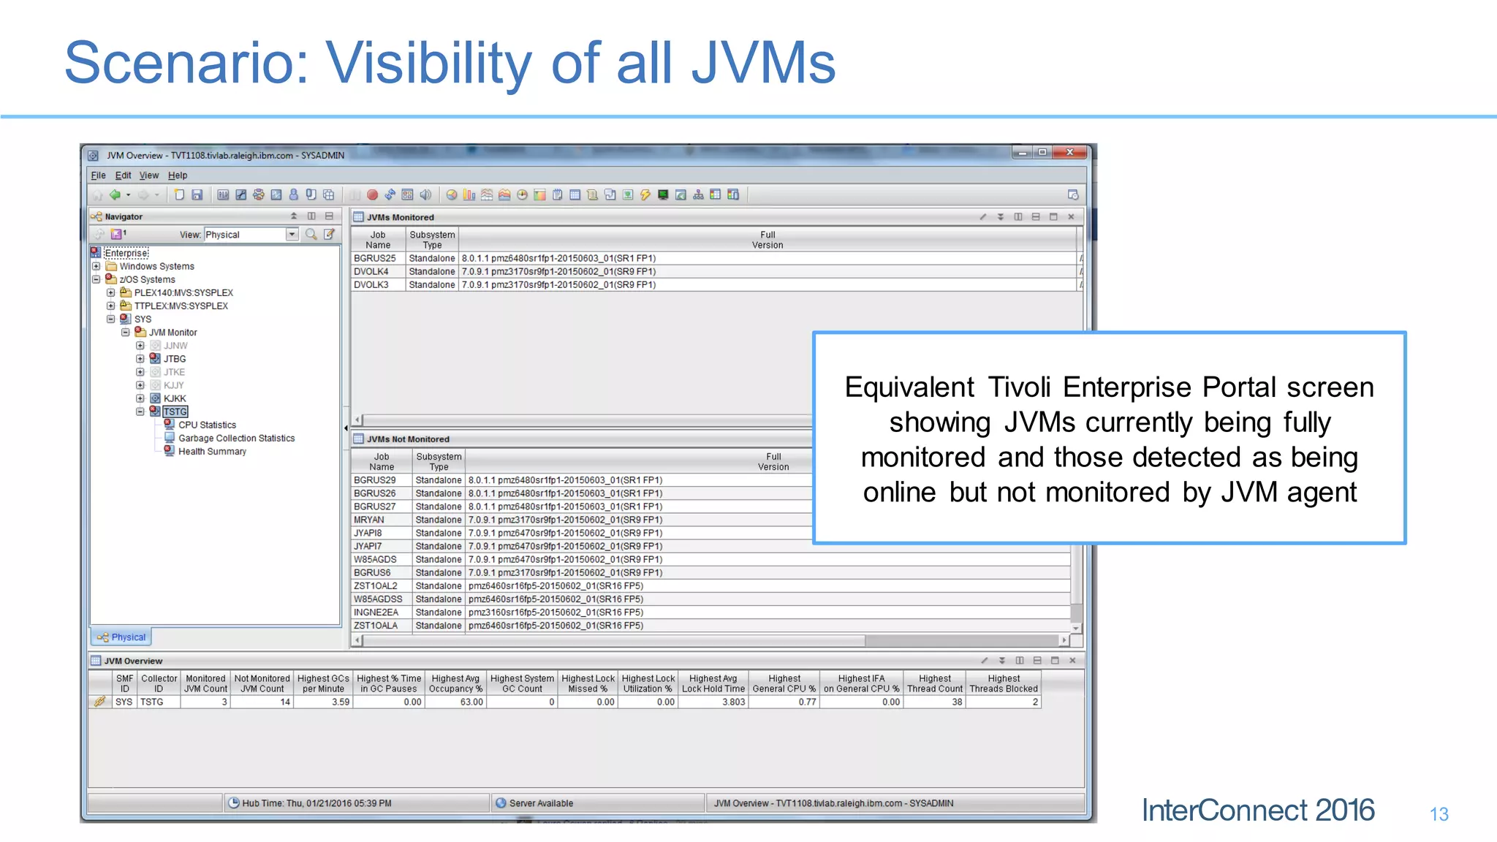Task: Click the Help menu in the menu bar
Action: pos(178,175)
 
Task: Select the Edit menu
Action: pos(123,175)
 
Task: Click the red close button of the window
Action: pos(1070,152)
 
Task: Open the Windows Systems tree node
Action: pos(156,267)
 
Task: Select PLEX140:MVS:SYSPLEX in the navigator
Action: pos(183,293)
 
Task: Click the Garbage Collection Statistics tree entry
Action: pos(236,439)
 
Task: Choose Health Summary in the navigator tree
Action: pos(212,452)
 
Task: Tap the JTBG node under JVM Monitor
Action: pos(175,359)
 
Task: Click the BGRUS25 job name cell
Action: pos(375,259)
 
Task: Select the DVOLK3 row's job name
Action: pos(371,285)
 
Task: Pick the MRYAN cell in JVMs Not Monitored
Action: pos(369,520)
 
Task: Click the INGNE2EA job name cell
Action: pos(376,612)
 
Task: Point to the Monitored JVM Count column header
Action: pos(205,683)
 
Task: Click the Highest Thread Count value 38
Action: pos(956,702)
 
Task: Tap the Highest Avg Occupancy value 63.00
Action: pos(471,702)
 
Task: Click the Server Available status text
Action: pos(541,803)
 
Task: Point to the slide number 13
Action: pos(1439,814)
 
